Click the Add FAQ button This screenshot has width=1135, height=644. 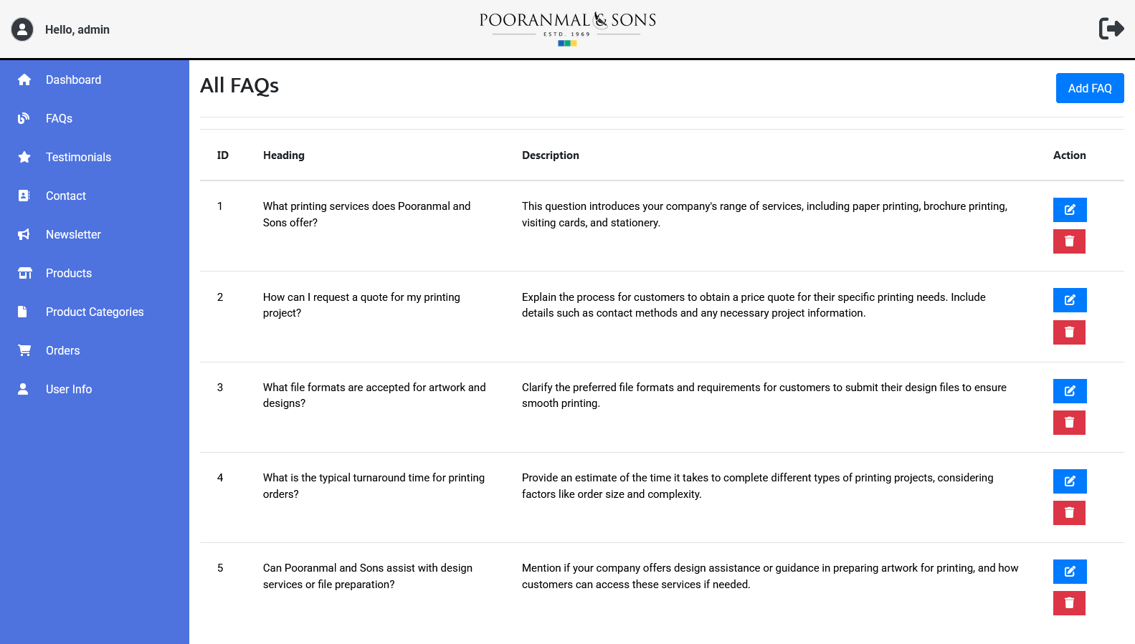pos(1089,88)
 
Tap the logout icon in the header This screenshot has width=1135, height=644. pos(1111,29)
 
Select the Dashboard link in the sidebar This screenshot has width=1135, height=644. pos(73,80)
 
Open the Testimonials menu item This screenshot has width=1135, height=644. pos(78,157)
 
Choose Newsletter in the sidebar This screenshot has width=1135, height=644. pos(73,234)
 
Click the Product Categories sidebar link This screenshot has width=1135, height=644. pos(95,312)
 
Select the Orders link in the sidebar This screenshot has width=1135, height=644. pos(62,350)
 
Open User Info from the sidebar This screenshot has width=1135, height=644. pos(69,389)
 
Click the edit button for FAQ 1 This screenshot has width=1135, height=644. pos(1069,210)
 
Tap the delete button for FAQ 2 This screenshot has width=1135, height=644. pos(1069,332)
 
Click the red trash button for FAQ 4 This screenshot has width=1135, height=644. pos(1069,513)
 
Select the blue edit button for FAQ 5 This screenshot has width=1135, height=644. pos(1069,572)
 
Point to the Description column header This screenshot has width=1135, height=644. pos(550,155)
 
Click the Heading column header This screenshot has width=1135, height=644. pos(283,155)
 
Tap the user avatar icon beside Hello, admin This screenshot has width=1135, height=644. pos(22,29)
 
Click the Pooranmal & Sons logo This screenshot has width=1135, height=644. pos(567,28)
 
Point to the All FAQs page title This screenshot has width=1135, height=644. pos(239,86)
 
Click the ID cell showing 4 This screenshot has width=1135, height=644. pos(220,478)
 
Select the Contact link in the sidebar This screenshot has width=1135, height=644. pos(65,196)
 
